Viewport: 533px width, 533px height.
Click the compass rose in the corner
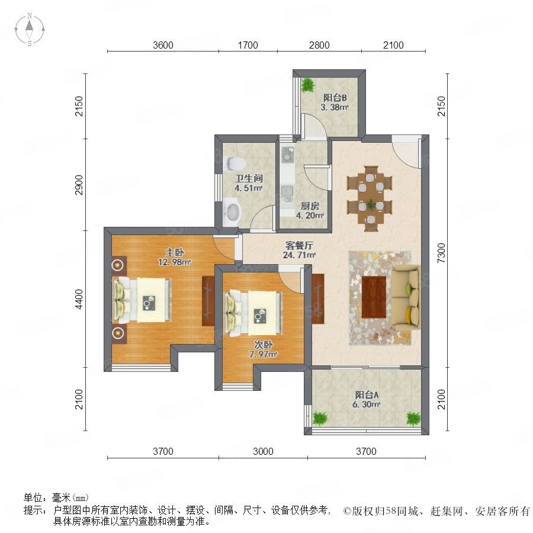click(x=30, y=30)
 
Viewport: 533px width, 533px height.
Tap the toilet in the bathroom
click(x=235, y=163)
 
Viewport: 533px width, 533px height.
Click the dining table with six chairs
click(x=370, y=199)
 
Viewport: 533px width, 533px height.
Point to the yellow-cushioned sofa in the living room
click(x=406, y=298)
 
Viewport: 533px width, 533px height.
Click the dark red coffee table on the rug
click(x=374, y=297)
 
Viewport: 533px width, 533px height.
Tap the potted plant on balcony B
click(x=308, y=85)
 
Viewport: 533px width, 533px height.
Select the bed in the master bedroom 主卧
click(x=142, y=300)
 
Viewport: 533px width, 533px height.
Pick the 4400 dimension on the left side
click(x=79, y=299)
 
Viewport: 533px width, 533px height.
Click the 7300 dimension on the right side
click(x=441, y=253)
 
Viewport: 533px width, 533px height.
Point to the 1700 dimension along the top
click(x=248, y=45)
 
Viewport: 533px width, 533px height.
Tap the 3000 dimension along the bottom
click(x=263, y=451)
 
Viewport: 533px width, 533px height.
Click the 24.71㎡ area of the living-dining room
click(x=299, y=255)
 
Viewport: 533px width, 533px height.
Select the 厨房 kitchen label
click(x=310, y=206)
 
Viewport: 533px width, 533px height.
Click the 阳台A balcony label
click(x=367, y=395)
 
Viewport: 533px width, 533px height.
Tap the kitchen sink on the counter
click(x=287, y=191)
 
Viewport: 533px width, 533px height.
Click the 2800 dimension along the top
click(x=319, y=45)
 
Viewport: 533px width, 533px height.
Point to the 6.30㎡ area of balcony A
click(x=367, y=404)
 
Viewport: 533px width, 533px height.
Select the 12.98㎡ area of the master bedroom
click(x=174, y=262)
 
